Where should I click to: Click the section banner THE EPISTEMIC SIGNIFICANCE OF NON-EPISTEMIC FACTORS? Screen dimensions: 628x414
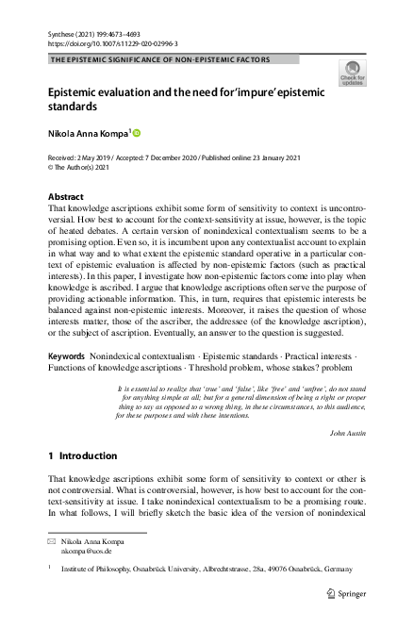(160, 58)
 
